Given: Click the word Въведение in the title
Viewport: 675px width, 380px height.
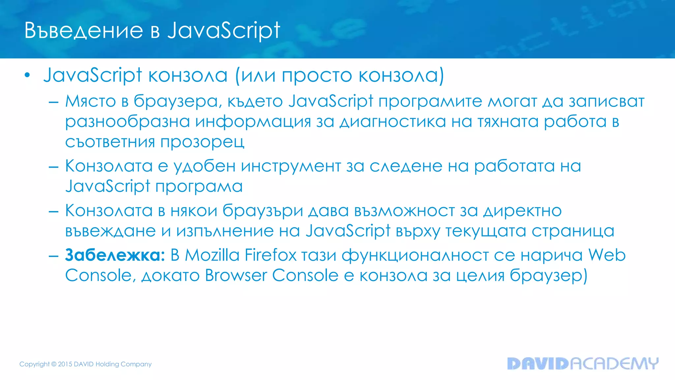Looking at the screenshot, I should pos(84,31).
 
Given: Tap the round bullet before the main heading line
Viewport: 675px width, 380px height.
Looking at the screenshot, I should pos(27,76).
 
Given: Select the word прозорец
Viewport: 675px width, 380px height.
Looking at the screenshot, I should pos(202,142).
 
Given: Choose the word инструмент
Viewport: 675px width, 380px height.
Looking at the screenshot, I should pos(291,166).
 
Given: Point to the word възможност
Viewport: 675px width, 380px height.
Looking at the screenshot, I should pos(404,211).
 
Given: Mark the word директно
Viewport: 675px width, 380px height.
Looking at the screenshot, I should pos(522,211).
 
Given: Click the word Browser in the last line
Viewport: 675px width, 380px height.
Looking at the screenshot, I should pos(236,275).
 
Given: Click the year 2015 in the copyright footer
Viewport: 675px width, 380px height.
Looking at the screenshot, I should pos(65,364).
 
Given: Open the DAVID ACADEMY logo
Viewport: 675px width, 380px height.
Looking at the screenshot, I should pos(583,364).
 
